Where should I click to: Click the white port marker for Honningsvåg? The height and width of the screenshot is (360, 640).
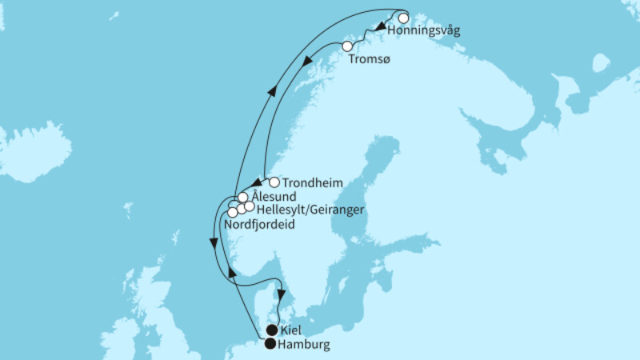click(x=402, y=18)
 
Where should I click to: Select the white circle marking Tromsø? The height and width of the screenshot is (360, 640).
click(x=348, y=47)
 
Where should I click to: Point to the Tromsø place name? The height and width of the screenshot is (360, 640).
click(x=370, y=61)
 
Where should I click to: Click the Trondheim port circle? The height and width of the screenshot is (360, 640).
click(x=274, y=182)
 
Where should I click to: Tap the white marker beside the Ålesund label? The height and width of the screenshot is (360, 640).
click(x=242, y=197)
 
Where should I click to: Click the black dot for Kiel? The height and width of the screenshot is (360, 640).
click(x=272, y=330)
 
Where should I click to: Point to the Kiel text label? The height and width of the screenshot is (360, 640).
click(x=291, y=331)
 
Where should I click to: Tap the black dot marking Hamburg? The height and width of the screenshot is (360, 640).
click(x=270, y=345)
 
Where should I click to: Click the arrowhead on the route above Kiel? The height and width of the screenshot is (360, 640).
click(x=282, y=294)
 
